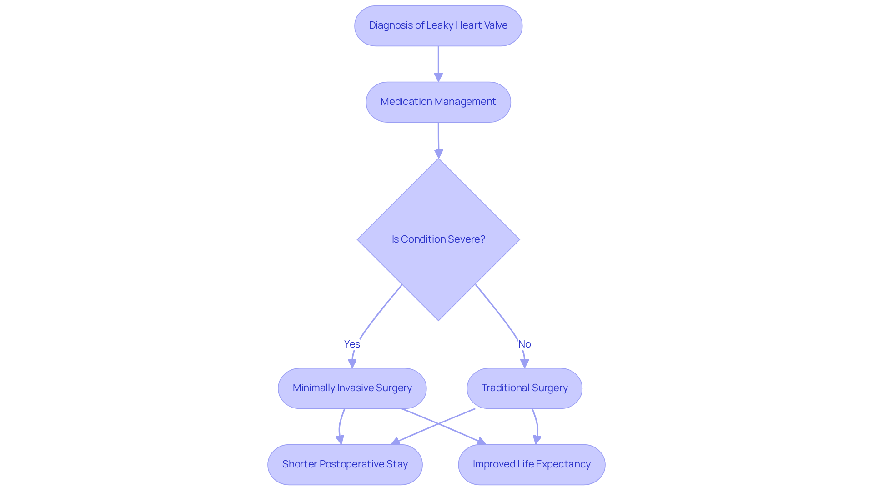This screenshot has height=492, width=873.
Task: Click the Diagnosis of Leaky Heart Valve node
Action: pyautogui.click(x=438, y=25)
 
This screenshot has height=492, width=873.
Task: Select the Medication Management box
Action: pyautogui.click(x=438, y=102)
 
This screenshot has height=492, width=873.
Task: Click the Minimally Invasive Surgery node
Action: pyautogui.click(x=352, y=388)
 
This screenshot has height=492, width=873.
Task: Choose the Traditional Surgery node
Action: pyautogui.click(x=524, y=388)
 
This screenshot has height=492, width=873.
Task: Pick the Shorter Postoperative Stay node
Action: pyautogui.click(x=345, y=464)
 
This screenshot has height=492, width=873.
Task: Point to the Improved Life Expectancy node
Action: pyautogui.click(x=531, y=464)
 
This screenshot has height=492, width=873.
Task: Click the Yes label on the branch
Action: pyautogui.click(x=352, y=344)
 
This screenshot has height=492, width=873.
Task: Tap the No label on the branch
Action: pyautogui.click(x=524, y=344)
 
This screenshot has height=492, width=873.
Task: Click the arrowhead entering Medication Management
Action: pyautogui.click(x=438, y=78)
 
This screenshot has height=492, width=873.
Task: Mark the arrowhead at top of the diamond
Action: pyautogui.click(x=438, y=154)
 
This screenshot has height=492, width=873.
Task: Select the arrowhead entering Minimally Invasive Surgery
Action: pyautogui.click(x=352, y=363)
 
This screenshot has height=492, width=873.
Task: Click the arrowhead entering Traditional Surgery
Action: pyautogui.click(x=524, y=363)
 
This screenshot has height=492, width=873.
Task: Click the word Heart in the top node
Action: pyautogui.click(x=468, y=25)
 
